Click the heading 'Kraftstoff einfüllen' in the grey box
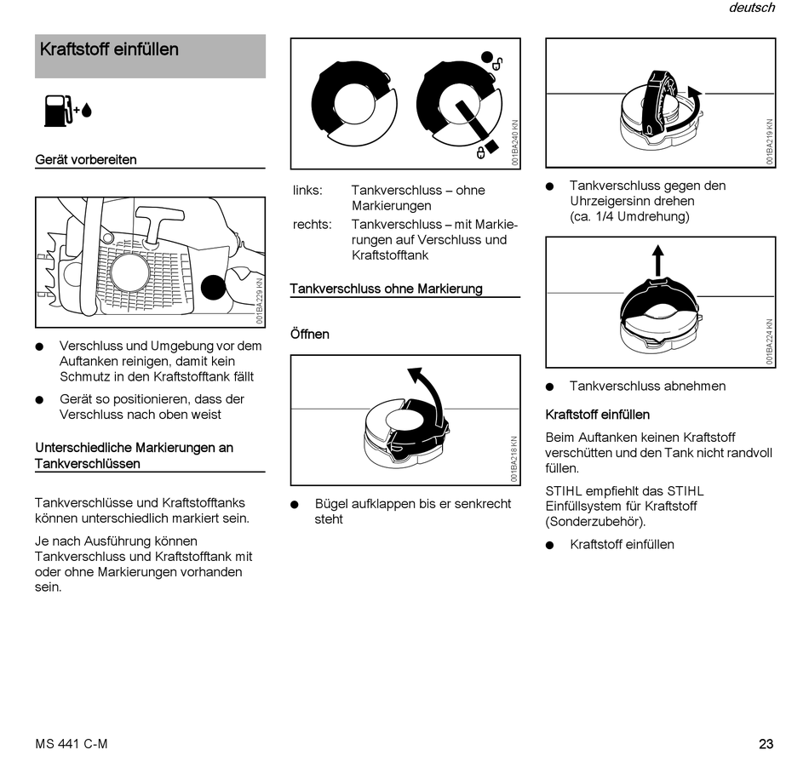pos(109,49)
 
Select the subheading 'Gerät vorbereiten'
pos(85,159)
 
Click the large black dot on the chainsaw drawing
pos(214,288)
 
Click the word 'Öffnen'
pos(309,334)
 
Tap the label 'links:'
pos(307,190)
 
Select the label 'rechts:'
pos(312,224)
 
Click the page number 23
pos(766,744)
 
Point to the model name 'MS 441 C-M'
pos(72,744)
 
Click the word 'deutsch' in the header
pos(751,8)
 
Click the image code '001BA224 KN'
pos(770,341)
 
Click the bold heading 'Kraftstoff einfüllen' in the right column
pos(597,415)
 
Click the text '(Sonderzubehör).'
pos(595,521)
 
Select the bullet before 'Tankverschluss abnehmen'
pos(550,386)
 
